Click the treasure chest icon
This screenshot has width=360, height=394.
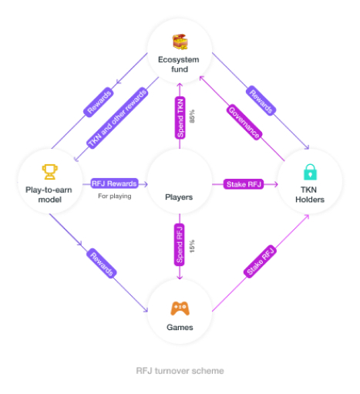point(180,42)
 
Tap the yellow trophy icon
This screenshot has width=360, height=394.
point(49,172)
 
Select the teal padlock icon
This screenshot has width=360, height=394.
point(310,172)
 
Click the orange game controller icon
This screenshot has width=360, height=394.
point(180,308)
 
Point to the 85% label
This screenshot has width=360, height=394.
point(192,116)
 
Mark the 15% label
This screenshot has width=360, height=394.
point(192,246)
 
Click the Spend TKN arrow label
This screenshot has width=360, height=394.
point(180,118)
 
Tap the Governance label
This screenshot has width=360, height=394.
point(244,122)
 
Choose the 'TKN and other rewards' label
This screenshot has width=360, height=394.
point(117,118)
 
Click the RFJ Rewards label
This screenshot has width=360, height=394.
point(114,184)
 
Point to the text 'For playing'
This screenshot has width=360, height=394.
point(115,196)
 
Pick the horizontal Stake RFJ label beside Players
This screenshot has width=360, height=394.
point(244,184)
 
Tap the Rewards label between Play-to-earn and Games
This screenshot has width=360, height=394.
point(102,263)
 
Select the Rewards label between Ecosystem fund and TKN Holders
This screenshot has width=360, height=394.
point(261,101)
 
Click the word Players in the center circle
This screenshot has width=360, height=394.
point(179,197)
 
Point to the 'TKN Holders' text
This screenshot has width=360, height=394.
point(310,194)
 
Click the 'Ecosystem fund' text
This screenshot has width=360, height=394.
point(179,64)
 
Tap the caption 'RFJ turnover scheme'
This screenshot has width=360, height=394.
point(180,371)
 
